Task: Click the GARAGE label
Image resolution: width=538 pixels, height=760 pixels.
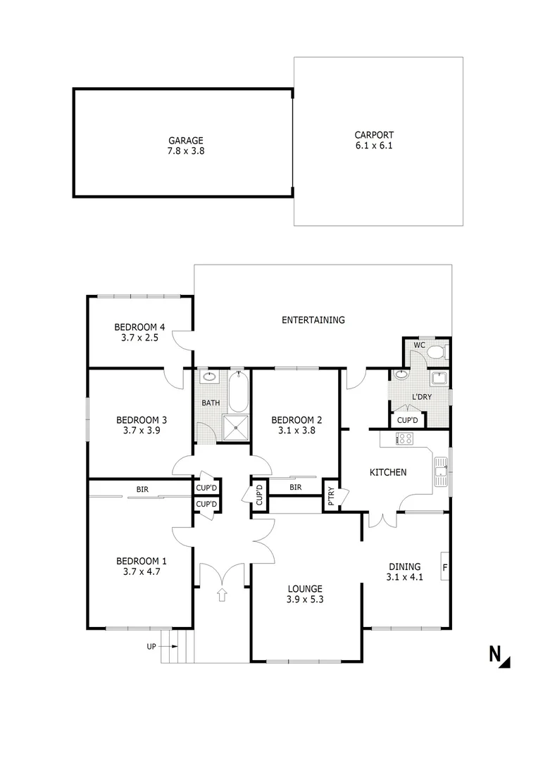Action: (185, 140)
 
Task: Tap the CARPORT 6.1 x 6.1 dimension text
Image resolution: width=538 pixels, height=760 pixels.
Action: (373, 146)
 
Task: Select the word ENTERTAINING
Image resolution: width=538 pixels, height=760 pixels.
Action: (313, 320)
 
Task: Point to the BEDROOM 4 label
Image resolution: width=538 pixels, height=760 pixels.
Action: (139, 327)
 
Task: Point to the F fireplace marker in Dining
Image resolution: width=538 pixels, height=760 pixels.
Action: (445, 566)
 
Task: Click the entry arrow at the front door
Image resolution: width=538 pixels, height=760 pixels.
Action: (223, 595)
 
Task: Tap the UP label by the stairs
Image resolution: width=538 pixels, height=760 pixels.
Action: (151, 646)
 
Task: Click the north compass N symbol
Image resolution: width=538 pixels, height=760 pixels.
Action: (499, 655)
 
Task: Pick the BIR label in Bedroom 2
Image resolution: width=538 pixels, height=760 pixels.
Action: (295, 486)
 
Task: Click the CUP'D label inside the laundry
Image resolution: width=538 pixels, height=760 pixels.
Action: (408, 420)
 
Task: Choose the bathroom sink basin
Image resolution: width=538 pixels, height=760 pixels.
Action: (208, 377)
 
